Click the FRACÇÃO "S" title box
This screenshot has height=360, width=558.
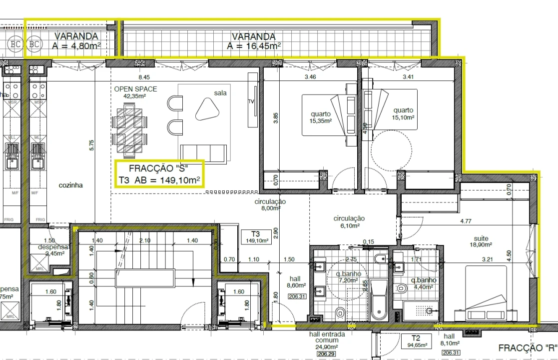159,174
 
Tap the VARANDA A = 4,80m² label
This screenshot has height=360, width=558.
76,41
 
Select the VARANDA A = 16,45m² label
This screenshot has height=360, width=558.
253,41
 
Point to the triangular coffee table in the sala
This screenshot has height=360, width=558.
206,108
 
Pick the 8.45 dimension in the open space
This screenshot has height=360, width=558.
144,77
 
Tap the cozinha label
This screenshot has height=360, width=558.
70,185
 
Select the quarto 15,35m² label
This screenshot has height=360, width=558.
321,117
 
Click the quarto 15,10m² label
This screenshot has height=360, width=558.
403,113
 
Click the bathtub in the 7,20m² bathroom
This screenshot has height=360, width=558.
379,300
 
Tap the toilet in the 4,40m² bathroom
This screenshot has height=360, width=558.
401,288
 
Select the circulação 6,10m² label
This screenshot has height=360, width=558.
349,222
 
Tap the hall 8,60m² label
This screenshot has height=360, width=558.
295,282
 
